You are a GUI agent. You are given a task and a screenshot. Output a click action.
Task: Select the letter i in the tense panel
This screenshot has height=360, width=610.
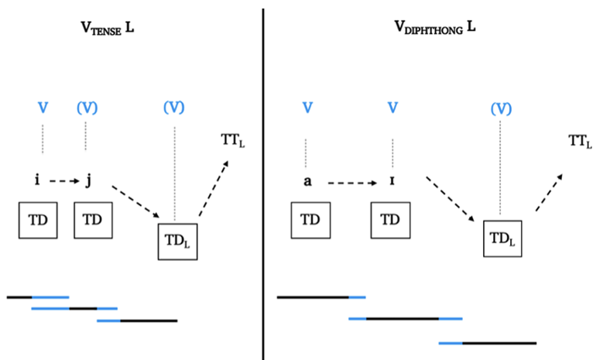(38, 181)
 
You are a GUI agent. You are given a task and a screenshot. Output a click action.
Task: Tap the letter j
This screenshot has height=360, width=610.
(89, 181)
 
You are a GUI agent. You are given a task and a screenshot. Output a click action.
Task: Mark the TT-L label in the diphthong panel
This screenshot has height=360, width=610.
(580, 141)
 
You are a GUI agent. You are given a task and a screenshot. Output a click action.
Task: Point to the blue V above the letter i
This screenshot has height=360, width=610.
(43, 107)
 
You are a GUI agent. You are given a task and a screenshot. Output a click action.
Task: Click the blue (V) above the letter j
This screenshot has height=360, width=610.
(86, 107)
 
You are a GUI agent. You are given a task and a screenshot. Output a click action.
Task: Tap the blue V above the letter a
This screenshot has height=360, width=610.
(307, 107)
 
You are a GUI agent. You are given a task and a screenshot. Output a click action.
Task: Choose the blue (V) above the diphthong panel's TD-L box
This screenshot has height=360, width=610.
(502, 108)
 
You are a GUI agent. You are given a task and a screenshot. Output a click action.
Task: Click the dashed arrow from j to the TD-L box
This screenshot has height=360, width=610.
(135, 201)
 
